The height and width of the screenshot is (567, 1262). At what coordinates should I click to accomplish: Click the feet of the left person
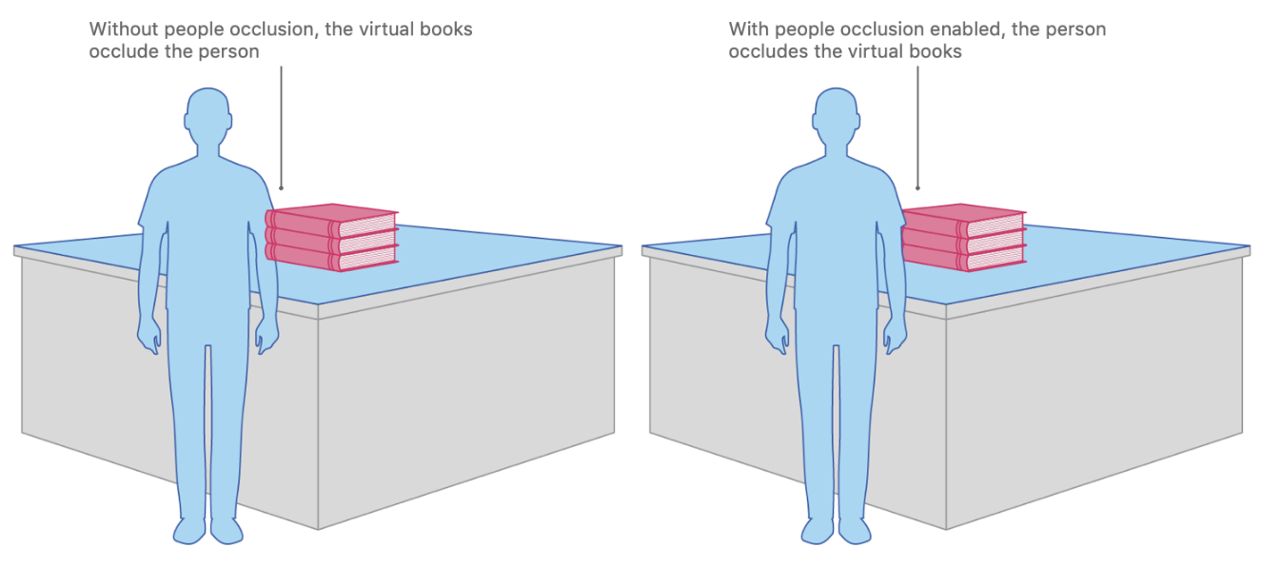point(208,530)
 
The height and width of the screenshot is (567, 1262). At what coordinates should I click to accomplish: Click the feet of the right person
point(837,530)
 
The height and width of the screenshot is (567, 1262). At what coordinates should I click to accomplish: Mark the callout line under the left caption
point(281,124)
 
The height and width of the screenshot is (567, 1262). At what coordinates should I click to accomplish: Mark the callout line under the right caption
point(917,124)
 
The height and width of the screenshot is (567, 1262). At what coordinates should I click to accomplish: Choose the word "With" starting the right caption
point(748,29)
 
